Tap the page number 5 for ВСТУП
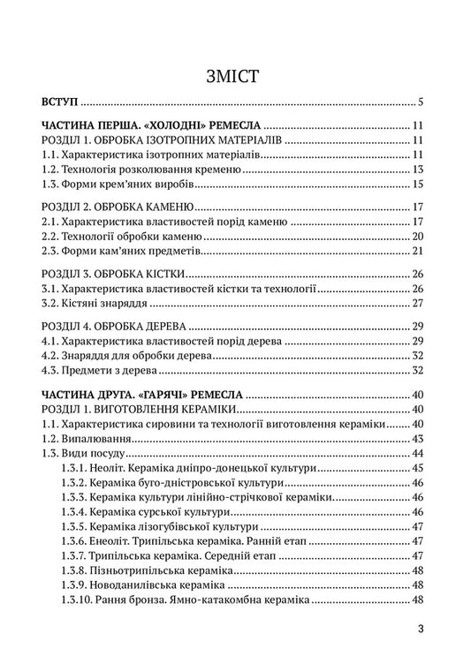click(424, 102)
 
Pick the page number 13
click(421, 170)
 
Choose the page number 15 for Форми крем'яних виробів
click(421, 185)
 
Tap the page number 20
click(421, 238)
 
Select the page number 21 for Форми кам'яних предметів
click(421, 254)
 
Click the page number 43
click(421, 440)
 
